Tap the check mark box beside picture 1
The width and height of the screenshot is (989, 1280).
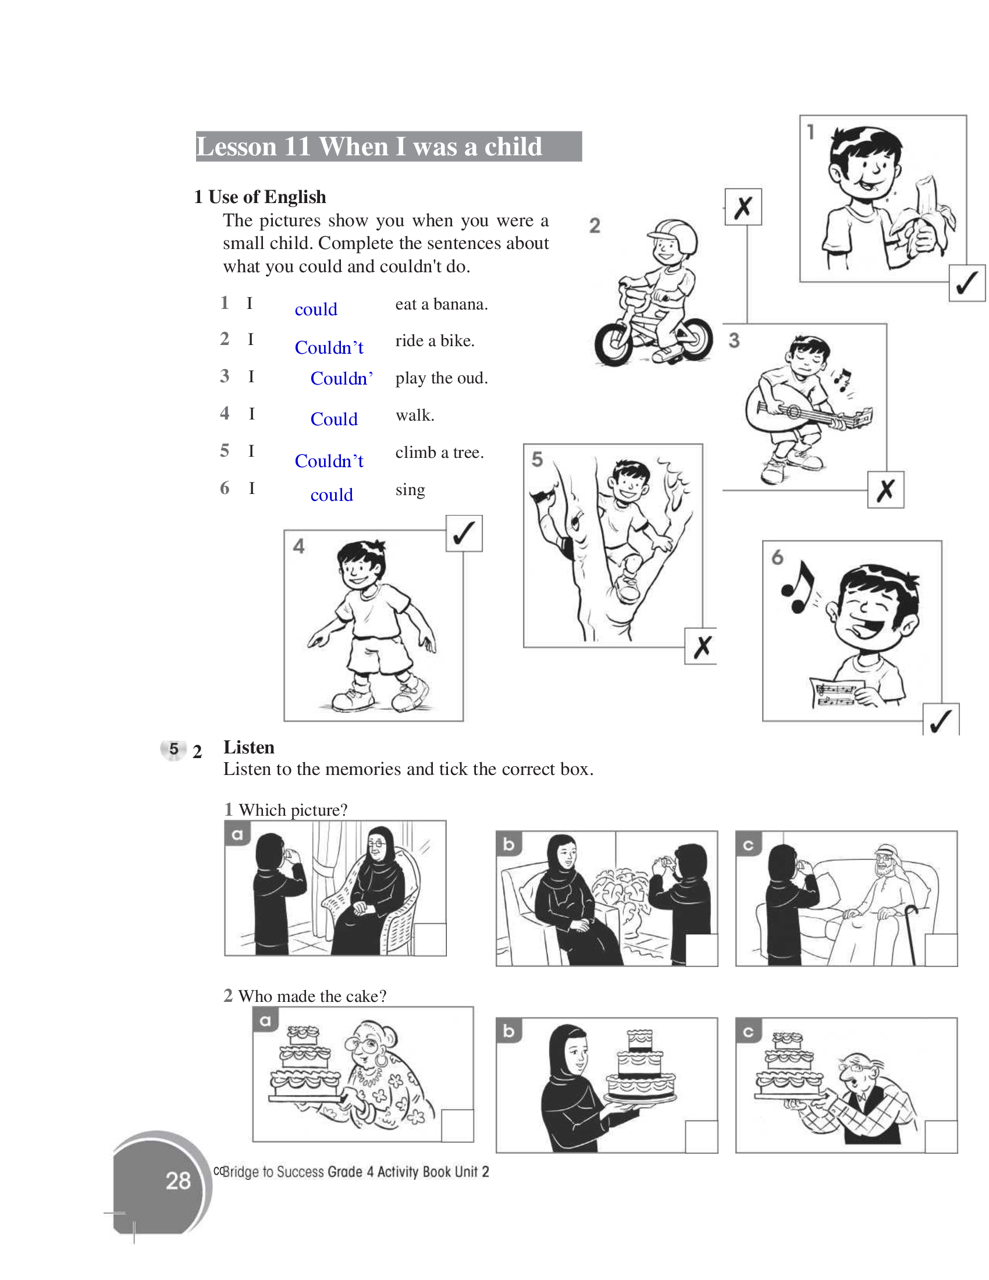click(x=967, y=283)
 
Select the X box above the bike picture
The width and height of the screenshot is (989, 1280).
click(x=743, y=207)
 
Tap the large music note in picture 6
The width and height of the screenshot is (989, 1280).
click(x=799, y=586)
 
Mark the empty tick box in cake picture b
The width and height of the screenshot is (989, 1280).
click(x=702, y=1136)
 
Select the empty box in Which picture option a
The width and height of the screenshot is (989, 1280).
click(x=429, y=940)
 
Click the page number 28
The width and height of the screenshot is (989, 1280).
click(x=178, y=1181)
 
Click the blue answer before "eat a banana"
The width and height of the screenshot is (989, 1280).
click(x=316, y=309)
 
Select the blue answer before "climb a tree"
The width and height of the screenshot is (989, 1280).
click(x=329, y=461)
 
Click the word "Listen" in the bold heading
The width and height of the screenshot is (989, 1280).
click(x=249, y=747)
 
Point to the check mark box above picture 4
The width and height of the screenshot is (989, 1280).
click(x=464, y=534)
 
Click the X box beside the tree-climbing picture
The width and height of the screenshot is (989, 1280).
click(x=701, y=646)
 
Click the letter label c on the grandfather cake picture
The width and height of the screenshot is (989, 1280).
click(x=748, y=1032)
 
